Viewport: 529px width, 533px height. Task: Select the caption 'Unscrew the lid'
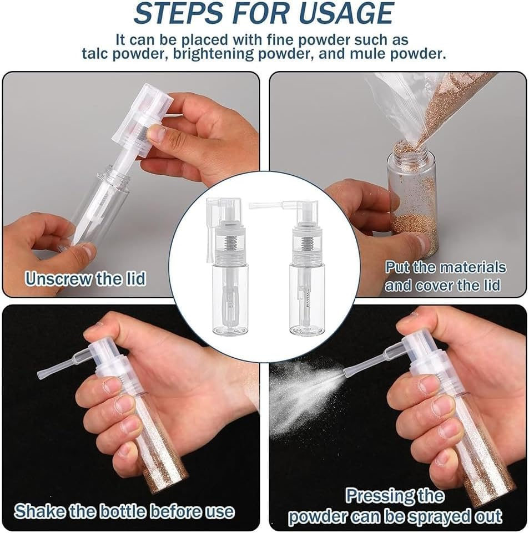85,278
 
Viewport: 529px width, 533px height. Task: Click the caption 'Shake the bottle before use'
124,511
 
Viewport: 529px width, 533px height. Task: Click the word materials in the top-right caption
472,267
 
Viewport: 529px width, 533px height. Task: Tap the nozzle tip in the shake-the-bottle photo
42,375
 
